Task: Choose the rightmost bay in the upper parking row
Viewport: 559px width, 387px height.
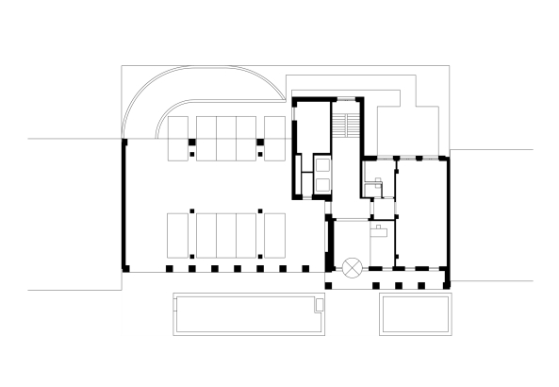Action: pos(275,138)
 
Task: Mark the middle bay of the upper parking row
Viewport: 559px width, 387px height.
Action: pos(226,138)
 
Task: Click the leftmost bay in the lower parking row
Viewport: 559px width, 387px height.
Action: pos(179,235)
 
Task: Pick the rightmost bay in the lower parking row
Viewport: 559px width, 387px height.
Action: pos(274,235)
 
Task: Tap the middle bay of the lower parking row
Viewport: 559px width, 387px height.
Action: pos(226,235)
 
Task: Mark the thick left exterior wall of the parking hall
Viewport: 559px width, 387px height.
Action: pos(123,203)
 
